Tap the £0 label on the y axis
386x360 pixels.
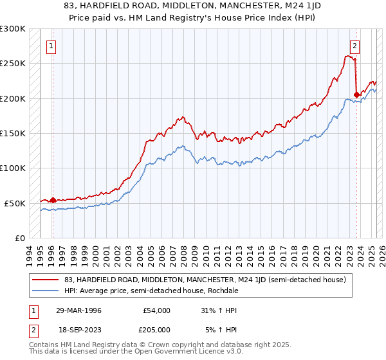pos(19,238)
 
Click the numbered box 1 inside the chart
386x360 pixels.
pos(51,46)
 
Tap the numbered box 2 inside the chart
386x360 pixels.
pos(354,46)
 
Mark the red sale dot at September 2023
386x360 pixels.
pos(356,95)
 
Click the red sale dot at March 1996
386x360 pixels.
pos(53,200)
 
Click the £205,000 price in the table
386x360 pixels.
pos(156,330)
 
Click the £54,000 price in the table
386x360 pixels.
pos(156,310)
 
